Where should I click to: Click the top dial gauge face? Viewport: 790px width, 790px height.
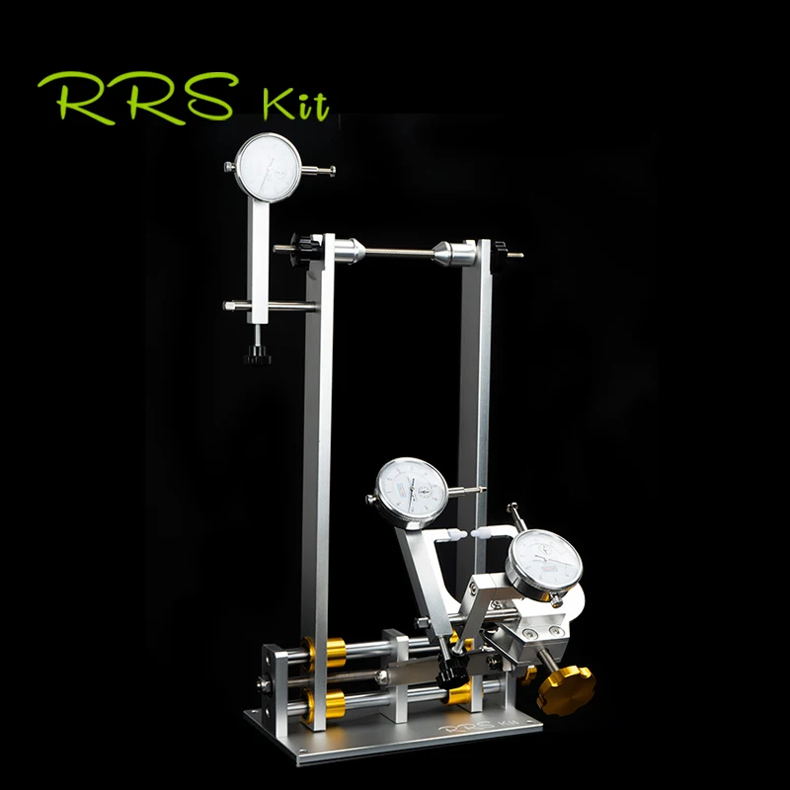269,168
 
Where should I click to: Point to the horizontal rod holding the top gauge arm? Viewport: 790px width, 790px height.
269,307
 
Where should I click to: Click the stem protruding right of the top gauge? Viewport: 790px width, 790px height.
321,170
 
